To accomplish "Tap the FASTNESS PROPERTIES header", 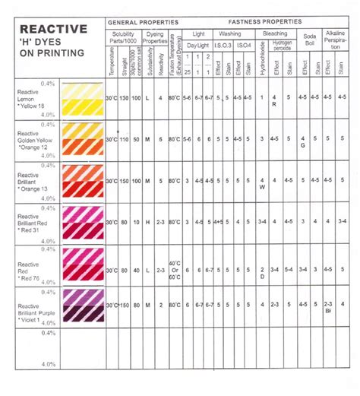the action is pyautogui.click(x=267, y=21).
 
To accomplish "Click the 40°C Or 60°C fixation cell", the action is pyautogui.click(x=174, y=270).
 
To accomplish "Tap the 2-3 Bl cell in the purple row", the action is pyautogui.click(x=329, y=306).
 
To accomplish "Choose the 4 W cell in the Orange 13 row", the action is pyautogui.click(x=262, y=183).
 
